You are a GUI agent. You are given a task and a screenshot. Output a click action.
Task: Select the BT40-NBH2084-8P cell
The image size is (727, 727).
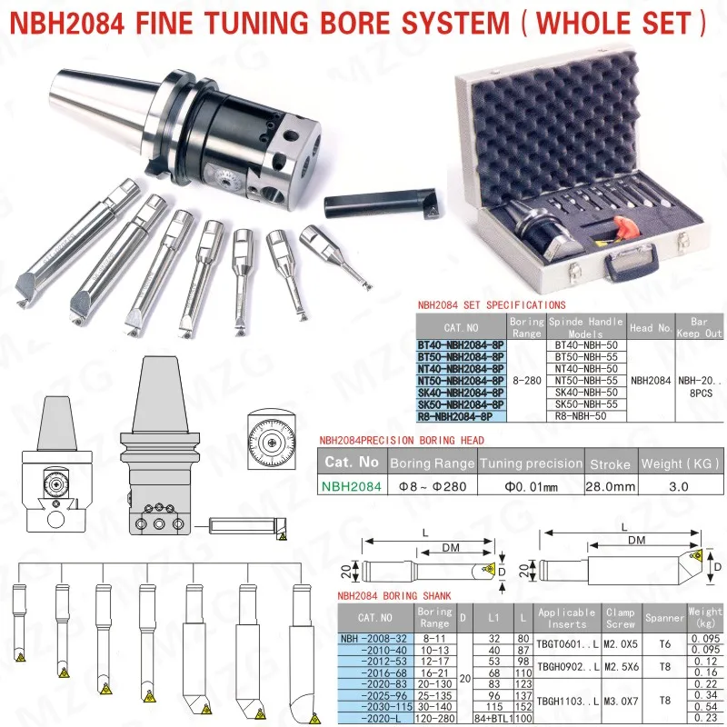tap(460, 345)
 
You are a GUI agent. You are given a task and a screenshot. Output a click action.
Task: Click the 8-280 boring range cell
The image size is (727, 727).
tap(525, 381)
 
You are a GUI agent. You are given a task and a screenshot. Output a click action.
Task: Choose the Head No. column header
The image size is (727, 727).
tap(651, 327)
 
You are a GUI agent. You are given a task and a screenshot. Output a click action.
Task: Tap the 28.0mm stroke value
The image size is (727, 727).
tap(611, 486)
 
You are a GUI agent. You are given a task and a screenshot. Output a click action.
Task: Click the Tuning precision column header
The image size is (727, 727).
tap(531, 463)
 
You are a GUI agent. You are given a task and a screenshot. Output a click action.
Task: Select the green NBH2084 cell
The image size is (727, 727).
tap(351, 486)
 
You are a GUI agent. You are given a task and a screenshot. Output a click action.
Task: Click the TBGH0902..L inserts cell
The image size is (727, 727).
tap(567, 666)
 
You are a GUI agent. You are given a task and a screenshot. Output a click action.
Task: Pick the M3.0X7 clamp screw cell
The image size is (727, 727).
tap(622, 702)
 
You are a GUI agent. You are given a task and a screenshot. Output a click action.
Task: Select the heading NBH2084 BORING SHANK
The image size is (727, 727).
tap(393, 596)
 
